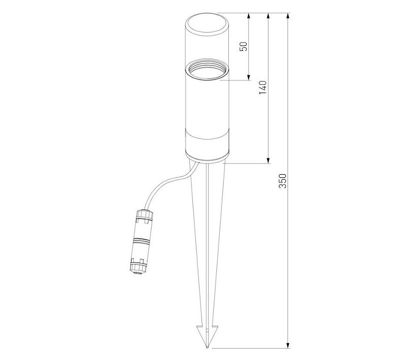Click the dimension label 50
pos(244,46)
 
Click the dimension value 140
pos(263,88)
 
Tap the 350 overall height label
pos(282,181)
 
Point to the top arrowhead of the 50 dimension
pos(249,16)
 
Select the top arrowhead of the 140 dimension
pos(269,16)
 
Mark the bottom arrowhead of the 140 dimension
pos(269,160)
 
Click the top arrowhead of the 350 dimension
pos(288,16)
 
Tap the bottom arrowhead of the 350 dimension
pos(288,345)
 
